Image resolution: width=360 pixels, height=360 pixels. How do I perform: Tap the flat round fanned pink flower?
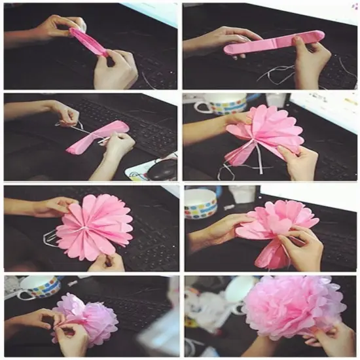click(94, 225)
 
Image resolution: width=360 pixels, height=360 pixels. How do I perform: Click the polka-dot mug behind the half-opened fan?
click(218, 105)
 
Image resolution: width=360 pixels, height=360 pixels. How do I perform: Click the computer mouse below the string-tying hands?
click(160, 169)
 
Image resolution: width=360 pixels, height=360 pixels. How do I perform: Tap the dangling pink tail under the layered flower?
click(270, 254)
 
